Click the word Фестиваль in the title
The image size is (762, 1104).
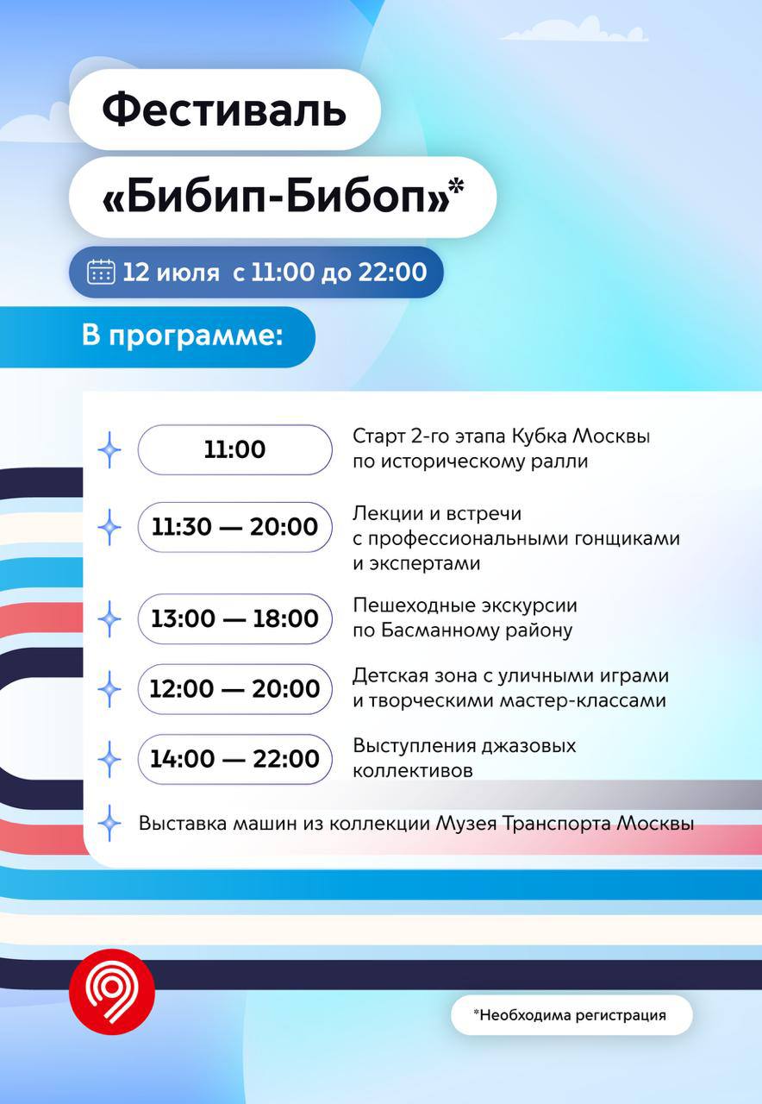224,109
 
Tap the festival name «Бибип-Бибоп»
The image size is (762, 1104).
277,197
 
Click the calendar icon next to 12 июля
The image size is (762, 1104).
101,272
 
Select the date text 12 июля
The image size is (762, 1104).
171,272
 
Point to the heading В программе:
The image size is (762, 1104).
182,336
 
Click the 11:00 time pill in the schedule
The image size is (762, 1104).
235,449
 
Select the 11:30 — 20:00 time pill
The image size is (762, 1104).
235,527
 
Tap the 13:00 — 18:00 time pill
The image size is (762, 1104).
235,618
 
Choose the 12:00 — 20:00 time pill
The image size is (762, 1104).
235,689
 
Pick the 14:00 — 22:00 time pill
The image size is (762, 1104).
235,759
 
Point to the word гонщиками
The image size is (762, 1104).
627,539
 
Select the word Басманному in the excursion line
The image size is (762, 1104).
442,630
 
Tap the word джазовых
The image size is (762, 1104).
528,746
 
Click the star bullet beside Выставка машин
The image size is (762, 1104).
109,823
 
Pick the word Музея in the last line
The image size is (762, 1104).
466,823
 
